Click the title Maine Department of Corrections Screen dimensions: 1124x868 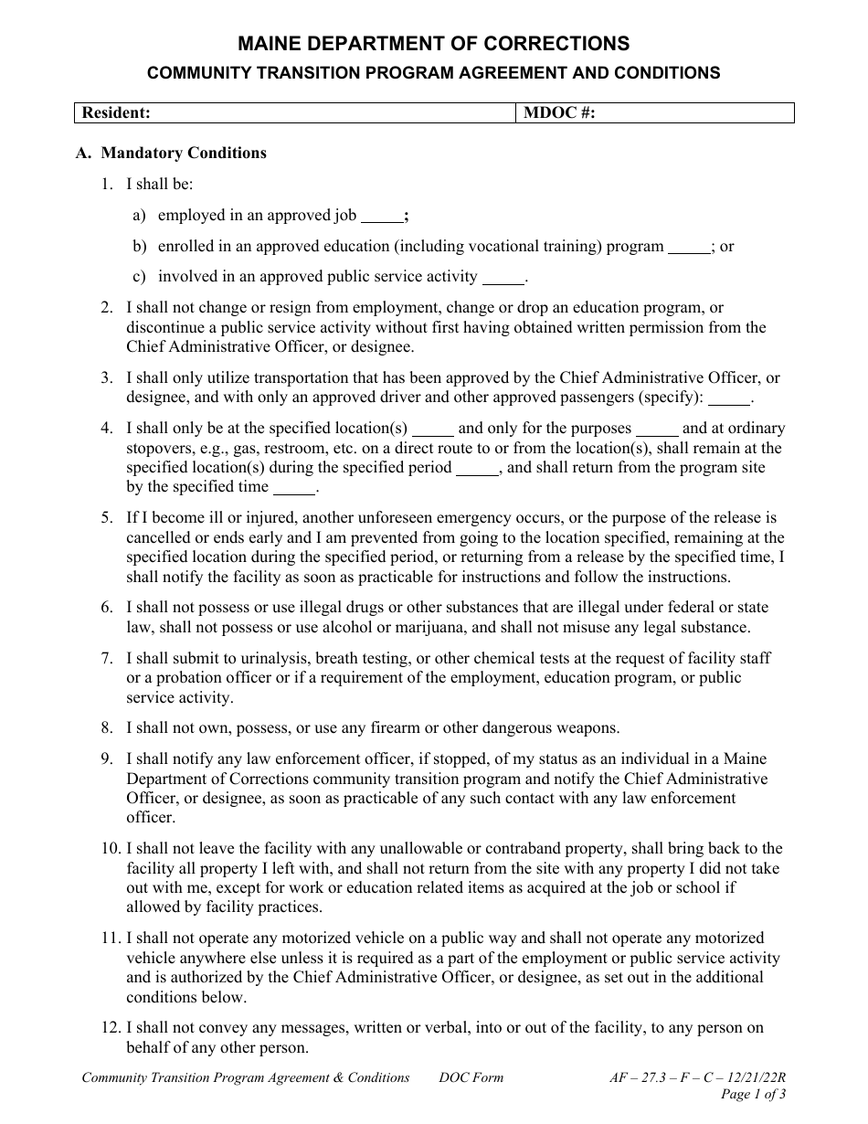tap(433, 43)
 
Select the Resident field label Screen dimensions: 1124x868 tap(116, 112)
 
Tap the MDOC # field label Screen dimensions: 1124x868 tap(557, 112)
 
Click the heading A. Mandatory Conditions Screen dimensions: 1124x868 tap(171, 153)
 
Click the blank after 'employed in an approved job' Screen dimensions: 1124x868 tap(381, 217)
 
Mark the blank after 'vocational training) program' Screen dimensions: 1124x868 tap(689, 248)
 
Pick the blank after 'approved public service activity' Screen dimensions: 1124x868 tap(503, 278)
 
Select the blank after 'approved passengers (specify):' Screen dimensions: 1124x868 tap(728, 399)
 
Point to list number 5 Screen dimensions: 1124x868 tap(107, 517)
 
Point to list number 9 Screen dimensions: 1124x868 tap(107, 758)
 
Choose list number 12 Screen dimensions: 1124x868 tap(110, 1028)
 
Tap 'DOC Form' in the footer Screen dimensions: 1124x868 tap(471, 1077)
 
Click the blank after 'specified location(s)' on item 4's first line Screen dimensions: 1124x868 tap(433, 429)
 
